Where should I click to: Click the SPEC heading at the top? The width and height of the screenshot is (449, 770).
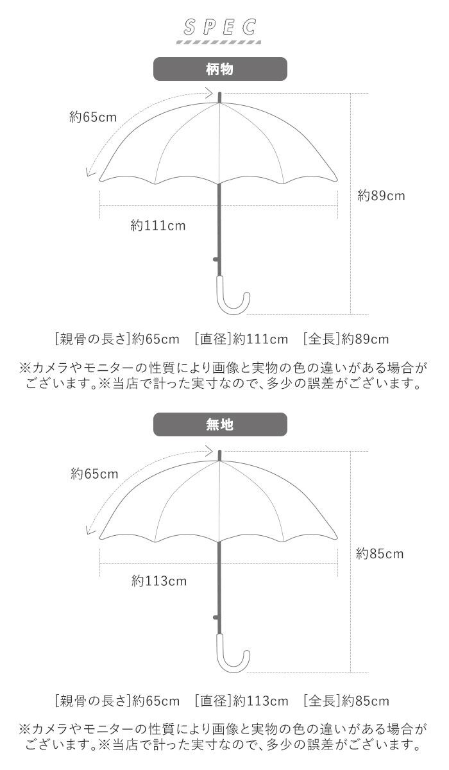tap(219, 27)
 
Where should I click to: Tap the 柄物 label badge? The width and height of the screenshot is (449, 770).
tap(220, 69)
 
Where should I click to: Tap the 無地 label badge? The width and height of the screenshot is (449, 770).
tap(220, 424)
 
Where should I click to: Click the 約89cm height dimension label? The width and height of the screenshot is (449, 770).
tap(381, 196)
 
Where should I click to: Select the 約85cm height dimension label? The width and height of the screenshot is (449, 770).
tap(381, 553)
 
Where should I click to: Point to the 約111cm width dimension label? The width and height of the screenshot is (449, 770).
tap(158, 225)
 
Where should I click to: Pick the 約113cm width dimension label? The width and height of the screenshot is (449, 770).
tap(158, 581)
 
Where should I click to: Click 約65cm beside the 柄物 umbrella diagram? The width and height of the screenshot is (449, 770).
tap(93, 117)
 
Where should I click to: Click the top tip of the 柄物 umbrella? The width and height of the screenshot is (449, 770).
tap(220, 96)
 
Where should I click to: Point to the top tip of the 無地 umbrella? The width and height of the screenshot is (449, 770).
tap(220, 454)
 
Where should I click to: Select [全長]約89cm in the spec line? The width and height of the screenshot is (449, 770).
tap(346, 338)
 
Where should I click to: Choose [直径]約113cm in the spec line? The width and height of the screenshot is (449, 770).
tap(241, 700)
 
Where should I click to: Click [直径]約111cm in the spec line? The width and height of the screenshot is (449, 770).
tap(241, 338)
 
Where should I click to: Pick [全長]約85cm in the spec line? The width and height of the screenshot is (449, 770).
tap(346, 700)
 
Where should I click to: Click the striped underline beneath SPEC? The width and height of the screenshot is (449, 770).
tap(219, 43)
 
